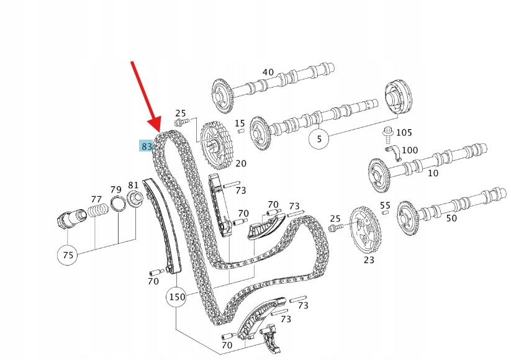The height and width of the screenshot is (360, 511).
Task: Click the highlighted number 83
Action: coord(147,146)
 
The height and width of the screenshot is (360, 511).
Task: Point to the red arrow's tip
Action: coord(158,128)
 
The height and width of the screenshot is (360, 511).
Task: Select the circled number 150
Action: coord(176,297)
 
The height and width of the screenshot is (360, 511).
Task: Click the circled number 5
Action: coord(319,140)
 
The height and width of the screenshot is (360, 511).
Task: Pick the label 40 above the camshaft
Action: coord(268,72)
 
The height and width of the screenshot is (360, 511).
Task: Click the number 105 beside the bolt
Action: coord(404,133)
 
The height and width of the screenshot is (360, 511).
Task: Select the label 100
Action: coord(410,150)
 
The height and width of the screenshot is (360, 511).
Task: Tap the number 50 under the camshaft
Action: coord(451,218)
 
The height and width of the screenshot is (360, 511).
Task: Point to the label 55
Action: coord(385,205)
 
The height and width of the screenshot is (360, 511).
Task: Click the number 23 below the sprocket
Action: coord(369,260)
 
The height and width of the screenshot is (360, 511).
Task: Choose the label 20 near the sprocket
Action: coord(240,163)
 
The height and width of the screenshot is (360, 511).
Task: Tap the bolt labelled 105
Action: coord(387,132)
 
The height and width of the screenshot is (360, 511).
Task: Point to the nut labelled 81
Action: coord(135,199)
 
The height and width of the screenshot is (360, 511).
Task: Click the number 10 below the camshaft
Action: coord(433,173)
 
